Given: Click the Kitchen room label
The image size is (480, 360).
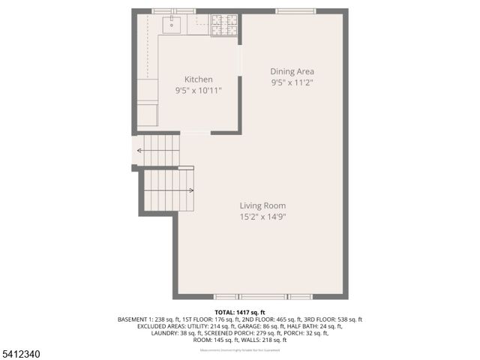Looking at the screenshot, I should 199,79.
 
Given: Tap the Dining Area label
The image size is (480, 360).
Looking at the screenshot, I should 292,72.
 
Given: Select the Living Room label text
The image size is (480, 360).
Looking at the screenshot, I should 262,205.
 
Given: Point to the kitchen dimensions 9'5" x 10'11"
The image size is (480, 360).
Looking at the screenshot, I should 199,90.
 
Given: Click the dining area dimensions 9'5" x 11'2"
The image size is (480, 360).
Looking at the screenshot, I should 292,82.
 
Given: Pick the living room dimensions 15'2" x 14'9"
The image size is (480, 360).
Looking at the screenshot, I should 262,217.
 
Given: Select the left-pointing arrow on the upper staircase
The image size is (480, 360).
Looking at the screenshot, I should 139,151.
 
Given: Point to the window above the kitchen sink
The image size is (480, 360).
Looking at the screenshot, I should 174,11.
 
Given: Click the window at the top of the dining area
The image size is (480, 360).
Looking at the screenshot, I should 295,11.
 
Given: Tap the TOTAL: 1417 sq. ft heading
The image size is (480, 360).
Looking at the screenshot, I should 240,312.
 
